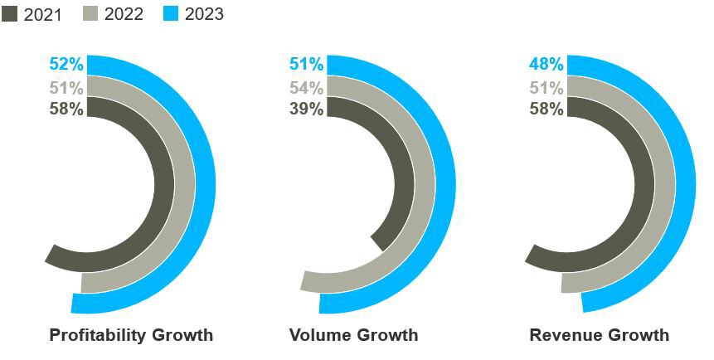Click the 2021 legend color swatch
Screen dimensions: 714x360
[x=10, y=13]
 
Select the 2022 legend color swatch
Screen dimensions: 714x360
[x=90, y=13]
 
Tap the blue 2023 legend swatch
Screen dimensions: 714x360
[x=171, y=13]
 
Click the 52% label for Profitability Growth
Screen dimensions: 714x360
[x=66, y=64]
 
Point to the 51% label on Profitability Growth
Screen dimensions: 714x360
[x=66, y=87]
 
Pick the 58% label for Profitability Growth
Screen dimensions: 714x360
[x=66, y=109]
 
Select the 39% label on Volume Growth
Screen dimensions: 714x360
[x=307, y=109]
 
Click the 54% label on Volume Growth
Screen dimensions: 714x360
[x=307, y=87]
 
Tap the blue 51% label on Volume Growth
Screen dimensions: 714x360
[x=307, y=64]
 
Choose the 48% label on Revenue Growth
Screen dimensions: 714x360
[x=546, y=64]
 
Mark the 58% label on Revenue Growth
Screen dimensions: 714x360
[x=546, y=109]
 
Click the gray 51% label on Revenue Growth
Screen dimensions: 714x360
[x=546, y=87]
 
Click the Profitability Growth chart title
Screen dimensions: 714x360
[x=131, y=335]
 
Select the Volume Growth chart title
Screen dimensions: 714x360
[x=354, y=335]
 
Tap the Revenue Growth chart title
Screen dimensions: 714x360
[x=600, y=335]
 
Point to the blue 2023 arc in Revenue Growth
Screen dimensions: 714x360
[x=686, y=184]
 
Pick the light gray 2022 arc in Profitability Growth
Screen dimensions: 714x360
[x=185, y=184]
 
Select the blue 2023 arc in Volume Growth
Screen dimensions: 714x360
[x=446, y=184]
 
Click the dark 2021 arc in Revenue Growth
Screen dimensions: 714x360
[x=644, y=184]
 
